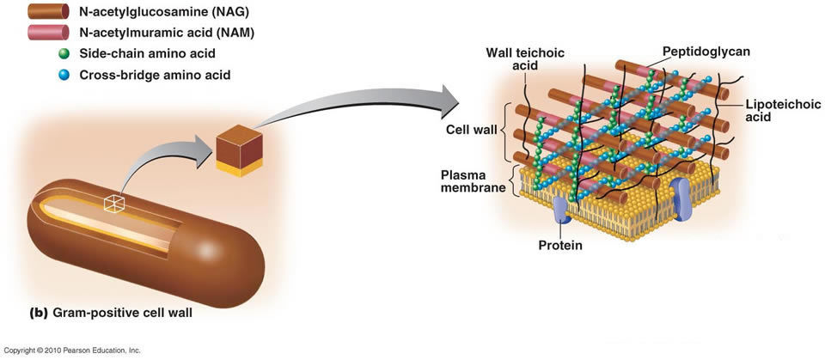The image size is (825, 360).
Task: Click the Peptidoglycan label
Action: click(706, 52)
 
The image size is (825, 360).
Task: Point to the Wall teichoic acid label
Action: click(525, 60)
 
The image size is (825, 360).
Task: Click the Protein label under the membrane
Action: click(560, 246)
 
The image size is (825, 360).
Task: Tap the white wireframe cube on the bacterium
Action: click(114, 203)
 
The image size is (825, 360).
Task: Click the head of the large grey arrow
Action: click(449, 101)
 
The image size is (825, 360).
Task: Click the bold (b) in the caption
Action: click(39, 313)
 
